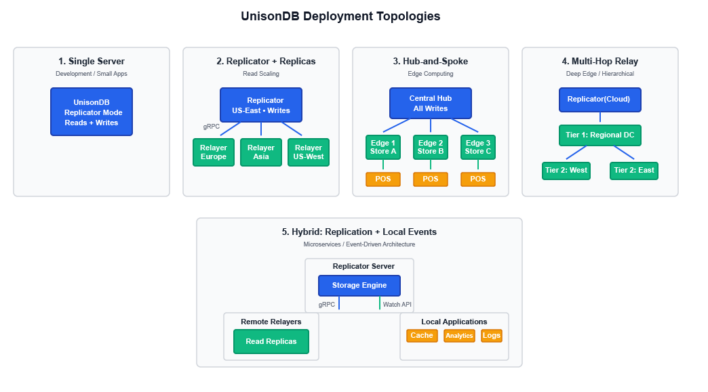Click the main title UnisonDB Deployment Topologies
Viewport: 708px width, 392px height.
tap(340, 16)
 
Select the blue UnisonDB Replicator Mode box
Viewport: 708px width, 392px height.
tap(92, 112)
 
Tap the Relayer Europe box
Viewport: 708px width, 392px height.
tap(214, 152)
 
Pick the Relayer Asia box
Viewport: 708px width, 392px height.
tap(261, 152)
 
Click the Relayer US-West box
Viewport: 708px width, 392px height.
tap(309, 152)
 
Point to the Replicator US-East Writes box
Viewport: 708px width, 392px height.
tap(261, 105)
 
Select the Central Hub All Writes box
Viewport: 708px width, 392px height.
tap(431, 104)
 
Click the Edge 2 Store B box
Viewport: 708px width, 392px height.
tap(431, 147)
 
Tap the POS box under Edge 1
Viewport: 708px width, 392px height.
tap(383, 179)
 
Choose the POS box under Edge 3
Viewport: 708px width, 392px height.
tap(478, 179)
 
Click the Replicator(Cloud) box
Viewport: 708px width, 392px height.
tap(599, 100)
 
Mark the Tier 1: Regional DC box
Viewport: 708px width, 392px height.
tap(599, 135)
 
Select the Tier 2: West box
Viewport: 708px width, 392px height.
tap(566, 171)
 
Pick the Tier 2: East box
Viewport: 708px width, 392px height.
tap(634, 171)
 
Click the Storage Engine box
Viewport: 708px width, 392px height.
tap(359, 286)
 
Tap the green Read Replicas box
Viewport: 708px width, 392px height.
tap(271, 341)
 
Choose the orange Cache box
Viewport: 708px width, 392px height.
tap(422, 336)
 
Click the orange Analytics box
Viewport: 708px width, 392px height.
tap(459, 336)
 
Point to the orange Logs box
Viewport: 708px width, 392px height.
tap(492, 336)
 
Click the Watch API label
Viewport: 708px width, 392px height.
tap(397, 305)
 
